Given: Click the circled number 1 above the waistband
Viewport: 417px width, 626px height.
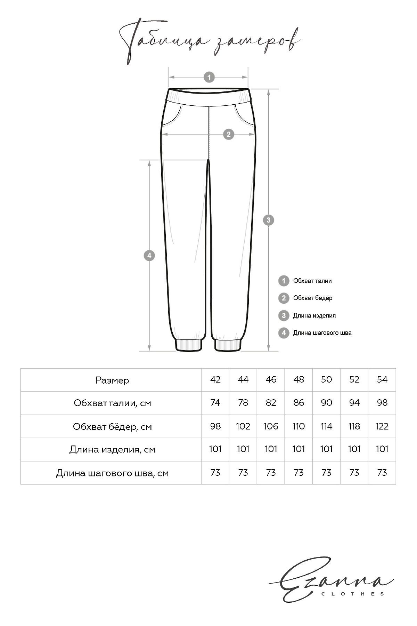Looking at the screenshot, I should tap(209, 77).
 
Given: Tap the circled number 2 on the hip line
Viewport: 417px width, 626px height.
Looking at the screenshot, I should tap(228, 134).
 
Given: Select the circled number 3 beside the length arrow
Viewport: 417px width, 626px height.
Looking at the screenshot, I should tap(268, 220).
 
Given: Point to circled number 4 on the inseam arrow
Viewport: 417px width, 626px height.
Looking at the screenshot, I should tap(149, 256).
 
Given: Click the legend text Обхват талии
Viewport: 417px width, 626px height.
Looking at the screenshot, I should tap(312, 281).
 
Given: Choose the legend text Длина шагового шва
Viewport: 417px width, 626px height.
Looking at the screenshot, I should tap(322, 333).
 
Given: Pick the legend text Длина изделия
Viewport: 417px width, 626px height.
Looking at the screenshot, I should tap(314, 315).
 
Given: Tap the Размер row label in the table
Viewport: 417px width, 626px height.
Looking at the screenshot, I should tap(112, 380).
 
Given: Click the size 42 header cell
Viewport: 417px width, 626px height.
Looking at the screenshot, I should tap(215, 379).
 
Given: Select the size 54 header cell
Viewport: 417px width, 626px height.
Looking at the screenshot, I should tap(382, 379).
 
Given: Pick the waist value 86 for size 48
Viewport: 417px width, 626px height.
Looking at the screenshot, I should tap(299, 403).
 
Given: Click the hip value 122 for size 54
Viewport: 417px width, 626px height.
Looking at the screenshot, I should tap(382, 426).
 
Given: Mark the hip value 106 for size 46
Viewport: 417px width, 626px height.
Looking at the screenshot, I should tap(271, 426).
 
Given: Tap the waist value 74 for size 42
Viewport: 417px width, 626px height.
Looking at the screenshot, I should tap(215, 403).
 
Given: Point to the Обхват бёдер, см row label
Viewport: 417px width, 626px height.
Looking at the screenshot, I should tap(112, 426).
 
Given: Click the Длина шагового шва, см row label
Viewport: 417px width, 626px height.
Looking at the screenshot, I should tap(112, 473).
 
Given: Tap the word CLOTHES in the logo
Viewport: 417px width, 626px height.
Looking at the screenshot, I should tap(353, 594).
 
